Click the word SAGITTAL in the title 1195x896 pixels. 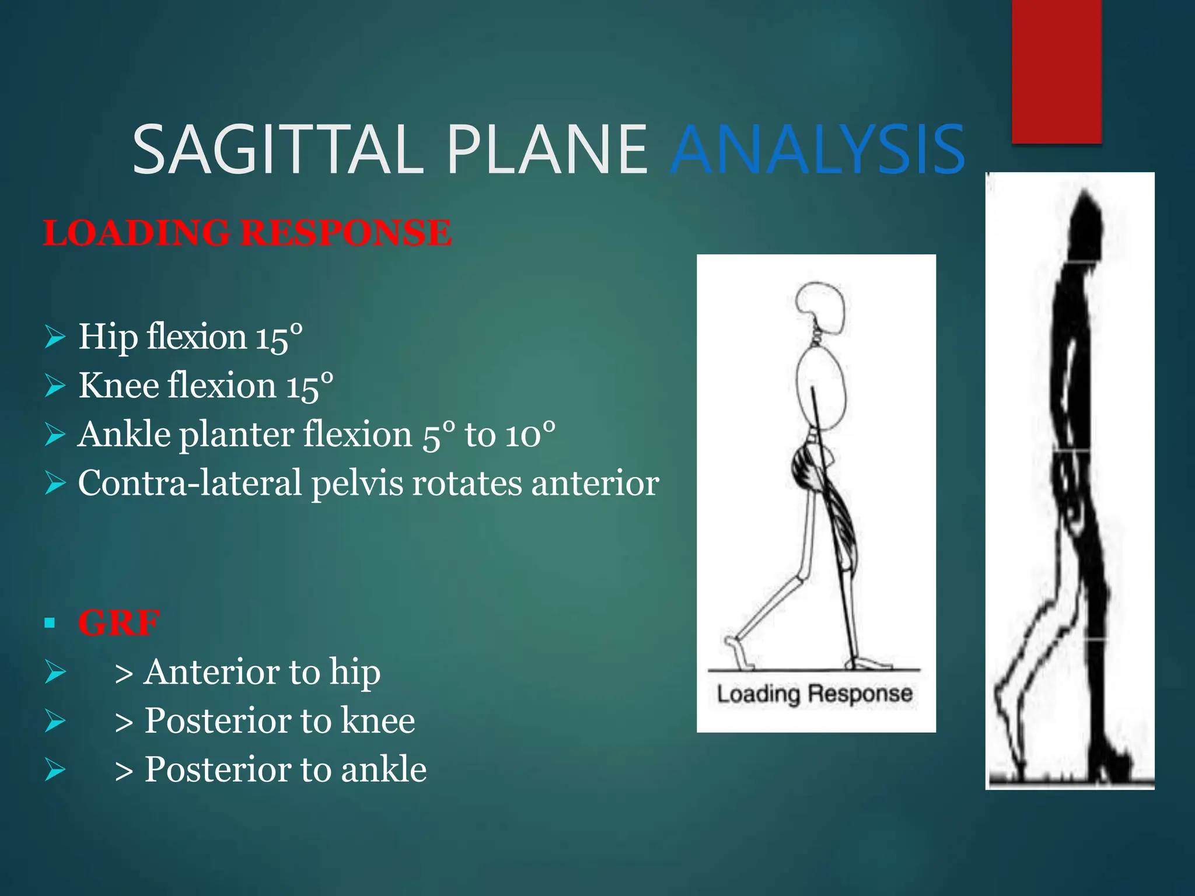pyautogui.click(x=278, y=150)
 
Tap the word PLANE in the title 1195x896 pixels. pyautogui.click(x=547, y=150)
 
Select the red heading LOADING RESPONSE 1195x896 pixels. pyautogui.click(x=247, y=233)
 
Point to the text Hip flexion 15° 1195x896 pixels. pyautogui.click(x=190, y=337)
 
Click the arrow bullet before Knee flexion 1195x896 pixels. pyautogui.click(x=55, y=386)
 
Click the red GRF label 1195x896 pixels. pyautogui.click(x=118, y=623)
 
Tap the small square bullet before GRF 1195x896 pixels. pyautogui.click(x=50, y=623)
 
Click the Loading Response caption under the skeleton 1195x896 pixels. pyautogui.click(x=815, y=694)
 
